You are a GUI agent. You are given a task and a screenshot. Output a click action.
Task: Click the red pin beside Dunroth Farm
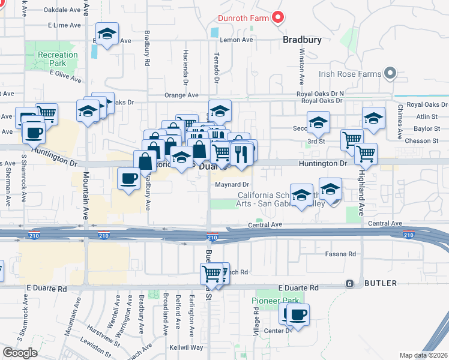(277, 18)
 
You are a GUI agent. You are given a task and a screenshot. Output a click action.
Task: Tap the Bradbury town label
(302, 40)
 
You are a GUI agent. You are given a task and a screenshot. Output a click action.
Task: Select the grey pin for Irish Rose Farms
(390, 74)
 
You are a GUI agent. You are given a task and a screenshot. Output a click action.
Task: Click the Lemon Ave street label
(237, 40)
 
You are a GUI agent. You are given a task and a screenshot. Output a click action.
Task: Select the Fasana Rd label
(343, 254)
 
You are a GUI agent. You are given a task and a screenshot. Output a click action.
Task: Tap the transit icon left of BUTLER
(349, 283)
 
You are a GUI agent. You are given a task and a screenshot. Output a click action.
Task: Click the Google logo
(20, 353)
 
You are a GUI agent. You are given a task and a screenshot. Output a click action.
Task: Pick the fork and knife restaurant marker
(243, 154)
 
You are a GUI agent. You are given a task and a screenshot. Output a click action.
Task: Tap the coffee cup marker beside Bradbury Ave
(129, 179)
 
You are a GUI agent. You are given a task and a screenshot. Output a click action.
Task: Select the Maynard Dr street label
(232, 184)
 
